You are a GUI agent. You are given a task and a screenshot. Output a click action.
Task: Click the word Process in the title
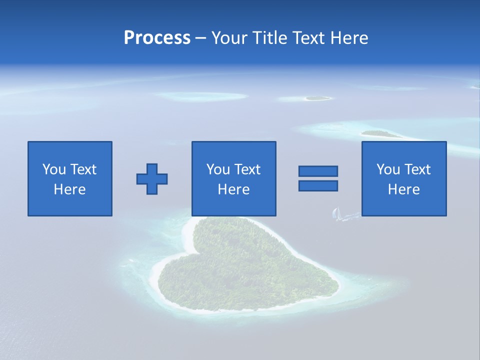coord(157,38)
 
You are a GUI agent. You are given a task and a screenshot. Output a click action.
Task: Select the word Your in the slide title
coord(228,38)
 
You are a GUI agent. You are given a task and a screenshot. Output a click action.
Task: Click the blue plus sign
coord(152,179)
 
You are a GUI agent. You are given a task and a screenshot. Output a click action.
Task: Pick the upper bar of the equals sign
coord(318,171)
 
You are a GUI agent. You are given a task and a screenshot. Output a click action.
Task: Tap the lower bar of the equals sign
coord(318,185)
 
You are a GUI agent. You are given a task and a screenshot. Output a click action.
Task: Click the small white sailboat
coord(336,214)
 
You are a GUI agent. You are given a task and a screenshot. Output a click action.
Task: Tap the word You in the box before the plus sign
coord(54,169)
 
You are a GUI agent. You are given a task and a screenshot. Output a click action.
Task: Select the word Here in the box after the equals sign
coord(404,189)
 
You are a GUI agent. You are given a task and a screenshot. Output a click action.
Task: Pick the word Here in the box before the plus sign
coord(70,189)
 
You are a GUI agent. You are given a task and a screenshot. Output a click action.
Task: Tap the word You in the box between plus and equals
coord(218,169)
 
